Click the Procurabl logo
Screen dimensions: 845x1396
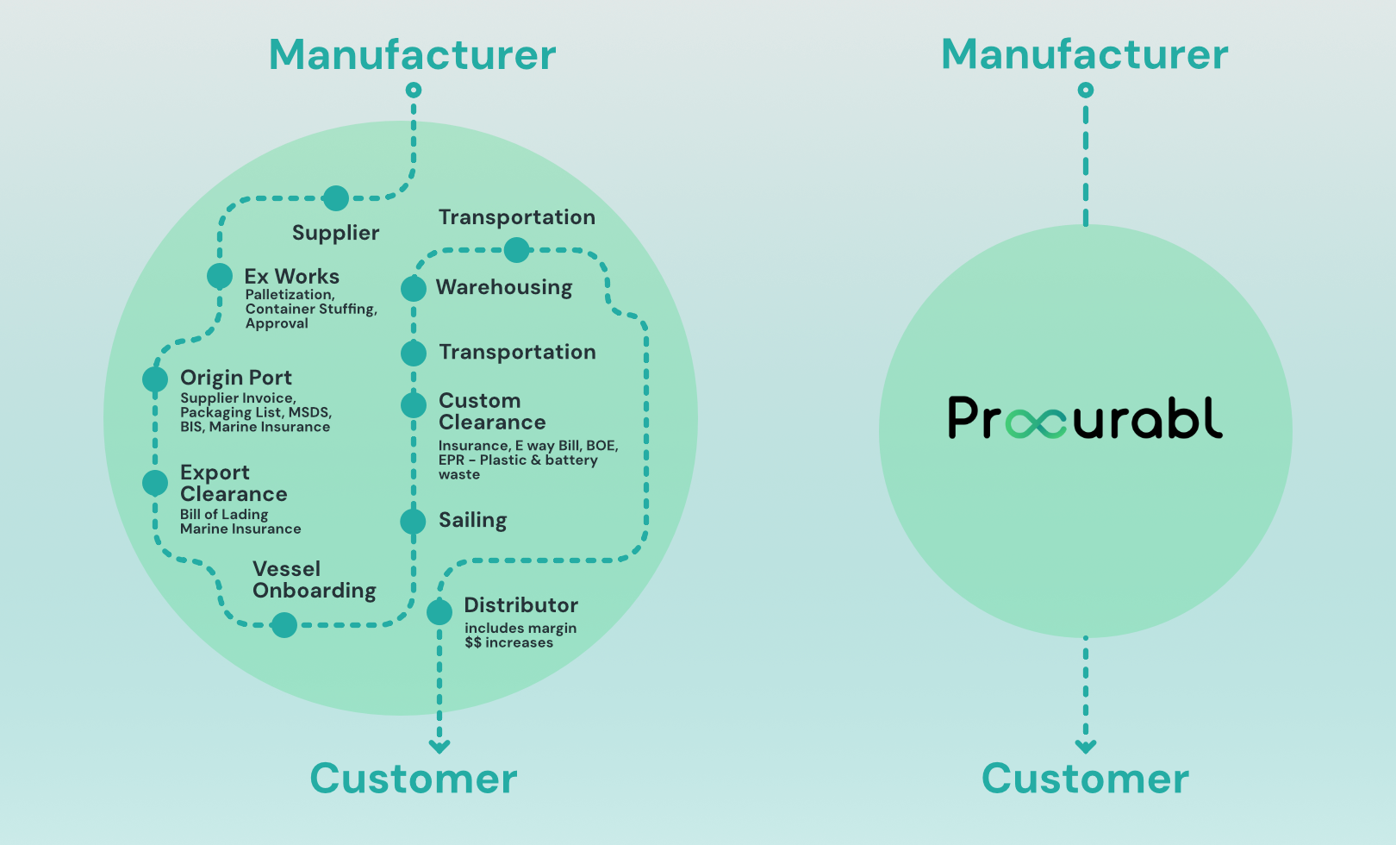pyautogui.click(x=1085, y=418)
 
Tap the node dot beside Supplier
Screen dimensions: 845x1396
pyautogui.click(x=335, y=198)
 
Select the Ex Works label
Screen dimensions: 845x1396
pyautogui.click(x=291, y=277)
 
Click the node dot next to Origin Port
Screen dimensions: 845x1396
pyautogui.click(x=155, y=379)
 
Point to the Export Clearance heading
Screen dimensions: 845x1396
pyautogui.click(x=233, y=483)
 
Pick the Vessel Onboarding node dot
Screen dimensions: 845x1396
pyautogui.click(x=284, y=625)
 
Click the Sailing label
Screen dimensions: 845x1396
pyautogui.click(x=472, y=520)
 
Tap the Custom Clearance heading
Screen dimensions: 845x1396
pyautogui.click(x=491, y=411)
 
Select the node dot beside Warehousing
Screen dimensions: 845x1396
pyautogui.click(x=414, y=289)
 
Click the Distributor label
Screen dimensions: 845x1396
pyautogui.click(x=520, y=605)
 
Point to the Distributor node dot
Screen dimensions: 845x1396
pyautogui.click(x=439, y=612)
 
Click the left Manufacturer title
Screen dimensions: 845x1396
pyautogui.click(x=412, y=54)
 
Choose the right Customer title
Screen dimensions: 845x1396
pyautogui.click(x=1085, y=779)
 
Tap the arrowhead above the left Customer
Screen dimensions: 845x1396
pyautogui.click(x=439, y=747)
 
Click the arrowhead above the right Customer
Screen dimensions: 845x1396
pyautogui.click(x=1086, y=747)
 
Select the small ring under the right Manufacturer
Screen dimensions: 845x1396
pyautogui.click(x=1086, y=90)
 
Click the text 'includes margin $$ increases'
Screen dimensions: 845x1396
pyautogui.click(x=520, y=635)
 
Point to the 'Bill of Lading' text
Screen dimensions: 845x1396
pyautogui.click(x=224, y=514)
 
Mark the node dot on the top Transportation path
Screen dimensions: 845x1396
pyautogui.click(x=516, y=250)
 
